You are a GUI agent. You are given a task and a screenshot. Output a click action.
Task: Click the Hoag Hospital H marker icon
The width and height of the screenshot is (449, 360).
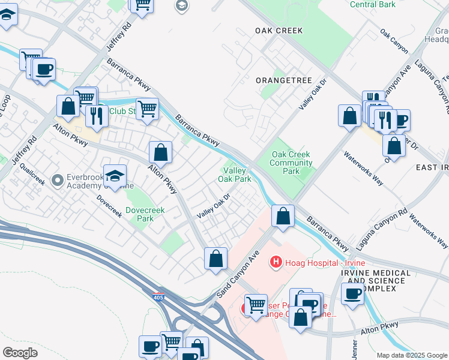pyautogui.click(x=276, y=262)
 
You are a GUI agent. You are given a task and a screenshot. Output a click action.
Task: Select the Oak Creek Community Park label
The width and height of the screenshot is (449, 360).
pyautogui.click(x=290, y=163)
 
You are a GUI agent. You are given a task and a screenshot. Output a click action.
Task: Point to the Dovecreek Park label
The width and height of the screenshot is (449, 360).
pyautogui.click(x=139, y=214)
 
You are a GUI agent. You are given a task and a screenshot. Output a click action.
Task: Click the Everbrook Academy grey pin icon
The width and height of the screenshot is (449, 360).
pyautogui.click(x=58, y=180)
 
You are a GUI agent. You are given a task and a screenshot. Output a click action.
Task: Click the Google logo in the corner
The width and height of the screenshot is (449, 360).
pyautogui.click(x=20, y=352)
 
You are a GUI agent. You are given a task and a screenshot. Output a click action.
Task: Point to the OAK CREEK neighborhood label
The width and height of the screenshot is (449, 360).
pyautogui.click(x=279, y=30)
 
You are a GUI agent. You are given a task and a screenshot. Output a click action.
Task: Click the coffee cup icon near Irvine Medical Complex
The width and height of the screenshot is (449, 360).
pyautogui.click(x=353, y=294)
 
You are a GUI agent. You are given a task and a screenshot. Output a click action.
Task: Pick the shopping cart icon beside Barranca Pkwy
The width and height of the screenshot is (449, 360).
pyautogui.click(x=146, y=109)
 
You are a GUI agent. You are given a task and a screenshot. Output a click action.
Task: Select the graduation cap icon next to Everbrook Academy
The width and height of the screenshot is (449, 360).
pyautogui.click(x=114, y=175)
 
